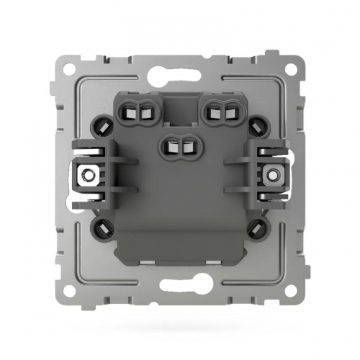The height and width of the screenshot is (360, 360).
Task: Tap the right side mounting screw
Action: coord(272,174)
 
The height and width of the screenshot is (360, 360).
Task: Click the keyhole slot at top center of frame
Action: coord(181,71)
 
